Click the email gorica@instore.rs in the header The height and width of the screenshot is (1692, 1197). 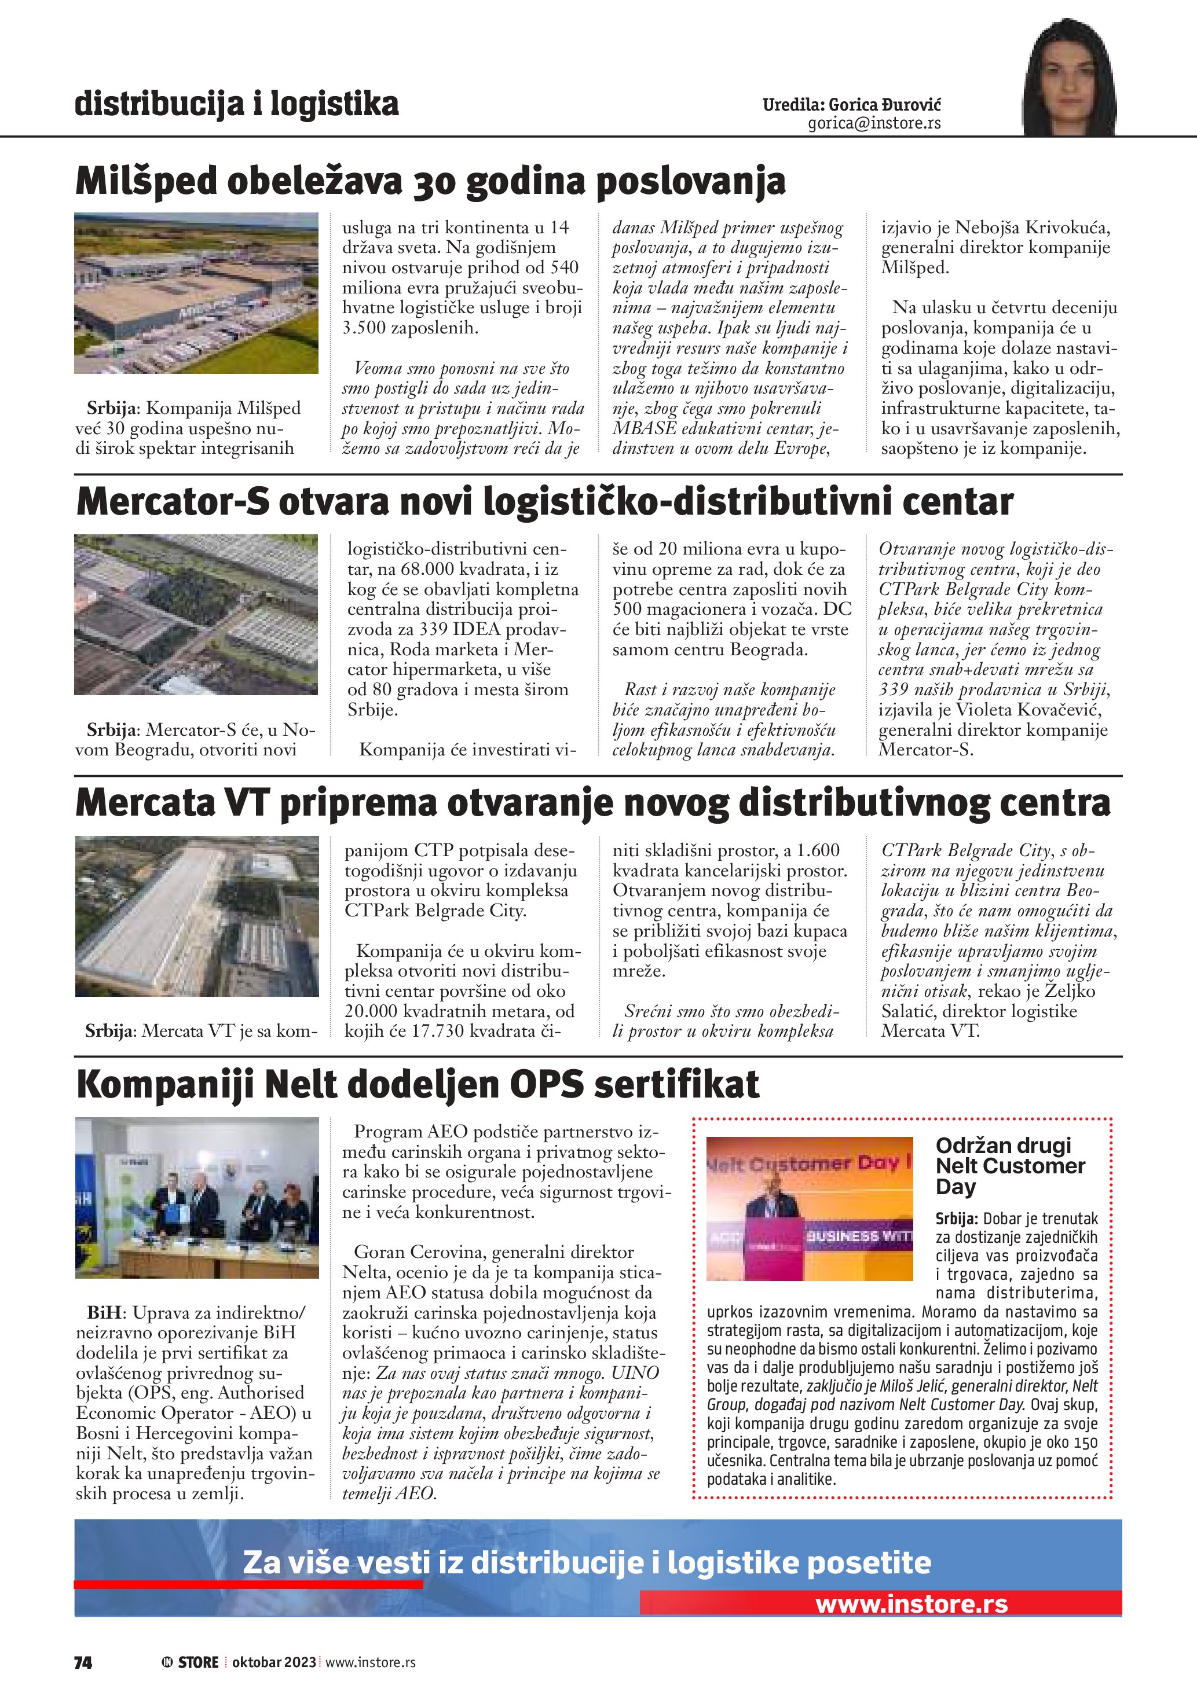[874, 123]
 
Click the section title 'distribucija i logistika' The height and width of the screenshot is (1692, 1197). [237, 104]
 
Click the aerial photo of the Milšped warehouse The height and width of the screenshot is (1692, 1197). [196, 292]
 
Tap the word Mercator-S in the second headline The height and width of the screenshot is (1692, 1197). [173, 502]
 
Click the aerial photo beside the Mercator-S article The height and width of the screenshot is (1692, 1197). [196, 615]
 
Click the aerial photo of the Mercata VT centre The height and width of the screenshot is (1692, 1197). [196, 916]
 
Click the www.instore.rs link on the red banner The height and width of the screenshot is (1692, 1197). [911, 1605]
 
